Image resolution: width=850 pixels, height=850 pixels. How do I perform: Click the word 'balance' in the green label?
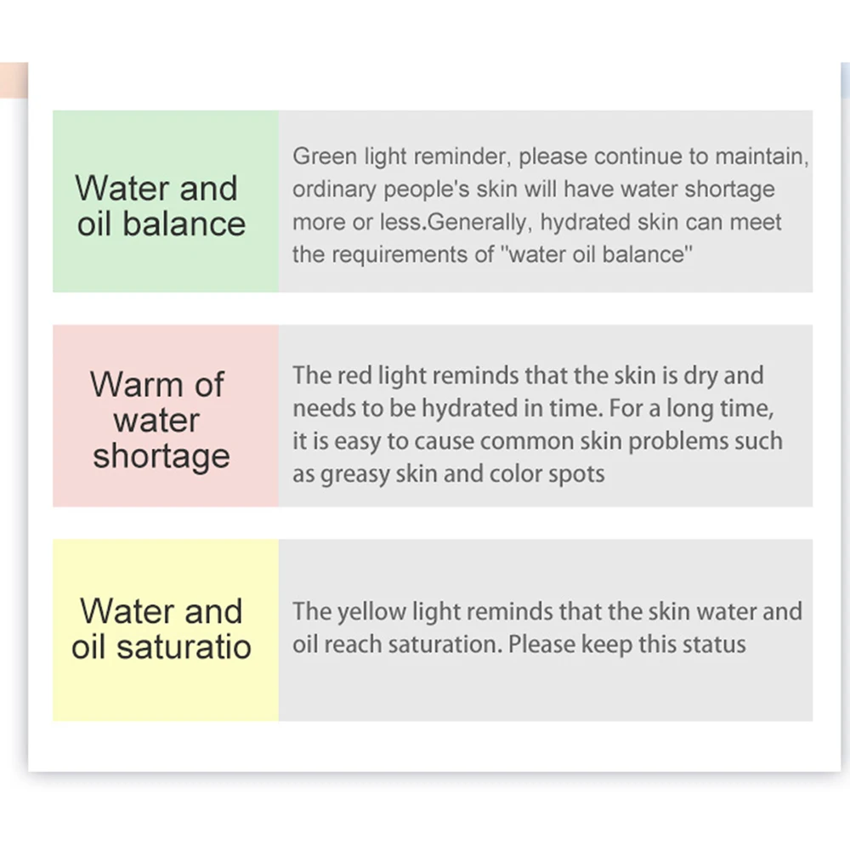(184, 224)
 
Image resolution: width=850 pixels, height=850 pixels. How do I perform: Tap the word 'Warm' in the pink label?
(137, 384)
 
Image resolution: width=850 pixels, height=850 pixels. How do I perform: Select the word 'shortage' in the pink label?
(161, 456)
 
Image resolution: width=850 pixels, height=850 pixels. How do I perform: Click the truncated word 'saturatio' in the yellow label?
(184, 647)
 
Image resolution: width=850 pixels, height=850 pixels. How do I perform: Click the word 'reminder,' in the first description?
(462, 156)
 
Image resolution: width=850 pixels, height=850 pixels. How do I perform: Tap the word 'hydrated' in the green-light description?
(585, 222)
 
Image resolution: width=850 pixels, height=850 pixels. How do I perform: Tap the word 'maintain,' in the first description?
(762, 156)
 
